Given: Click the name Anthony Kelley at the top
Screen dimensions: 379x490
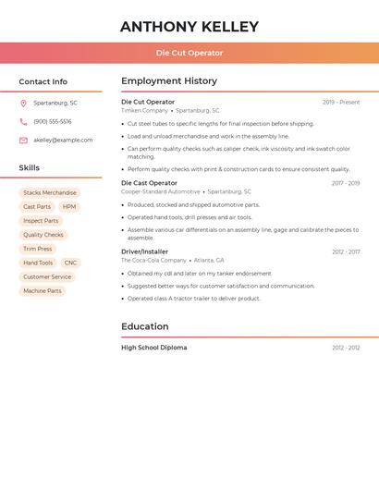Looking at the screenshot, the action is [x=189, y=27].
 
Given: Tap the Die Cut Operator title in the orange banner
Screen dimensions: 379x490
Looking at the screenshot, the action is [x=189, y=53].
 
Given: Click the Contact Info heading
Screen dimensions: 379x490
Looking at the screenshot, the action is [x=43, y=81].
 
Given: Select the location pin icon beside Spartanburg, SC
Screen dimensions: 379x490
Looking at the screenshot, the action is [x=23, y=103].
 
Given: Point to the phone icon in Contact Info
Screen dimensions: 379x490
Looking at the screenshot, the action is [x=23, y=121].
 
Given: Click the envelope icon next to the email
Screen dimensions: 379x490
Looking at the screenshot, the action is [x=23, y=141].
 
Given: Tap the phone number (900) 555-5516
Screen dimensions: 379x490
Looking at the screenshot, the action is [x=52, y=121].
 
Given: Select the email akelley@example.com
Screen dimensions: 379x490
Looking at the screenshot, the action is [x=63, y=141].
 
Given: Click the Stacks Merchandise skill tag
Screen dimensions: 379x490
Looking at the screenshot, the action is [x=50, y=193].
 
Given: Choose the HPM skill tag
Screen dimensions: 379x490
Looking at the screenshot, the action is [x=69, y=207].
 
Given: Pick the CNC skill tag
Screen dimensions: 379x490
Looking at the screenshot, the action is [x=70, y=263].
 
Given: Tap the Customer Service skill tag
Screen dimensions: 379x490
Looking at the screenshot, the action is [x=47, y=277].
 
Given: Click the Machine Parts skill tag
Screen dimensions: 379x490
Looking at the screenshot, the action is [x=43, y=291].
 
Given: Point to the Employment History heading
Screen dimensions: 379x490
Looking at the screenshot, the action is [x=169, y=81].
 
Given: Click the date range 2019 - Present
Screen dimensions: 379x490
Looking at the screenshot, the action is [x=341, y=102].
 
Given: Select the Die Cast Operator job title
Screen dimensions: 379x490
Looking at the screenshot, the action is [x=149, y=183].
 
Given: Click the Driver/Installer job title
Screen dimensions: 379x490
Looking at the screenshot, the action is [x=144, y=251].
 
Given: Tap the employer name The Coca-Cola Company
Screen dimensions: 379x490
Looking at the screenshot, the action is [x=153, y=261].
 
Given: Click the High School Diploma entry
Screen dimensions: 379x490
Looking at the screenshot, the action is [x=153, y=348].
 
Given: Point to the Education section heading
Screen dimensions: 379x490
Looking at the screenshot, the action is [x=145, y=326].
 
